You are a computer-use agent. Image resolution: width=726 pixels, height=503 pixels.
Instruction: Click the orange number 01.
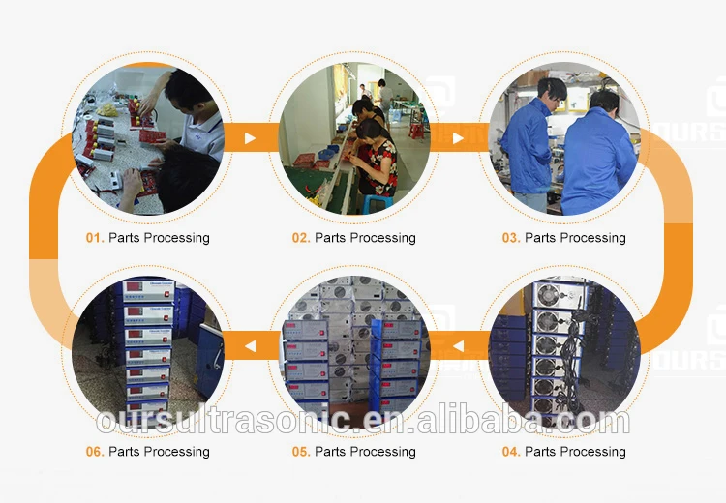(94, 238)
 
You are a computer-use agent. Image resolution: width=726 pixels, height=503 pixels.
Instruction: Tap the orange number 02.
(301, 238)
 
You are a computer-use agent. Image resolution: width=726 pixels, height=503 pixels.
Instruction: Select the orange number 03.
(510, 238)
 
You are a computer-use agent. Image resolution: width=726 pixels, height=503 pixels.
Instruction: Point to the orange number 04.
(510, 452)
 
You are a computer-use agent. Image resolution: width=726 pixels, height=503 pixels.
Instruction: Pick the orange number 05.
(301, 452)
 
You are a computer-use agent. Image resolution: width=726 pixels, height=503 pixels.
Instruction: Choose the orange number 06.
(94, 452)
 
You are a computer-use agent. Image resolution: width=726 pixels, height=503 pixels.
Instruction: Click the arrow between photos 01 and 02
(250, 138)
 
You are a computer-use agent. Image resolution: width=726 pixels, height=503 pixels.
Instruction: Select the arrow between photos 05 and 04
(459, 342)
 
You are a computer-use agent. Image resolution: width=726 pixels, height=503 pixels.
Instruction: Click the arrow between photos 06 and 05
(249, 342)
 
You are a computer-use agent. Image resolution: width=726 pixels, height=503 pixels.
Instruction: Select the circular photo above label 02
(354, 138)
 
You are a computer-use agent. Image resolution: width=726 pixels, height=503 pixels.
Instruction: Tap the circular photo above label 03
(563, 138)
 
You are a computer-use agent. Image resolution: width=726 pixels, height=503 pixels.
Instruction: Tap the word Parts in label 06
(125, 452)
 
